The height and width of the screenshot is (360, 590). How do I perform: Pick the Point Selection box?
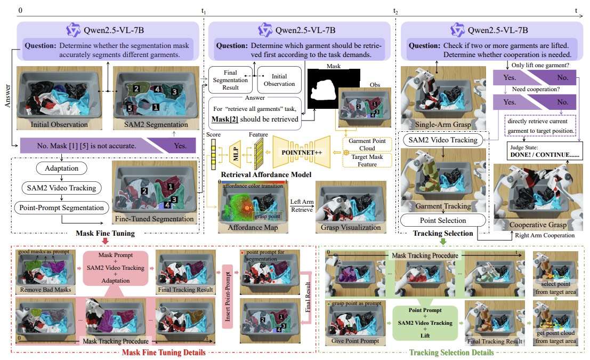[443, 220]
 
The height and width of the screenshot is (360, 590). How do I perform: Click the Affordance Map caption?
[252, 228]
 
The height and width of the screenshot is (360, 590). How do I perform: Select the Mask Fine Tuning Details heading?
[164, 352]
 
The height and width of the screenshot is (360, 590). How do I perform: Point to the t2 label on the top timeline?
[395, 11]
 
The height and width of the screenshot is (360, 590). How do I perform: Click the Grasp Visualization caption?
[350, 228]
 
